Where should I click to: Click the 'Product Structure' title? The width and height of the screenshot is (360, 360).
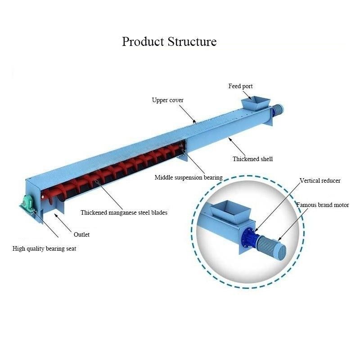pos(169,42)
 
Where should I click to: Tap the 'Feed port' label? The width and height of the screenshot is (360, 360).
pos(241,86)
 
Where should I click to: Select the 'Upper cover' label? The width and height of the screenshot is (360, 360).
pos(167,100)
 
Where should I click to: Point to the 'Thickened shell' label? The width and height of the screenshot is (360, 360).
pos(252,159)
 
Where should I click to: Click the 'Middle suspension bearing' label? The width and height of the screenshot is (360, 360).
pos(189,177)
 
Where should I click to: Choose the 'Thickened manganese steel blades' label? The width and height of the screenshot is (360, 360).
pos(124,212)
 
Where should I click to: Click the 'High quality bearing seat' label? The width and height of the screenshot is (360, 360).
pos(44,248)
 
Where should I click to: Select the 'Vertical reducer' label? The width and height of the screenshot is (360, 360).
pos(320,180)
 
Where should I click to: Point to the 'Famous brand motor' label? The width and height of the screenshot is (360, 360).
pos(322,205)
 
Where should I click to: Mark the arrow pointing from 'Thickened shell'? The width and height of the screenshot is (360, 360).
pos(239,145)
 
